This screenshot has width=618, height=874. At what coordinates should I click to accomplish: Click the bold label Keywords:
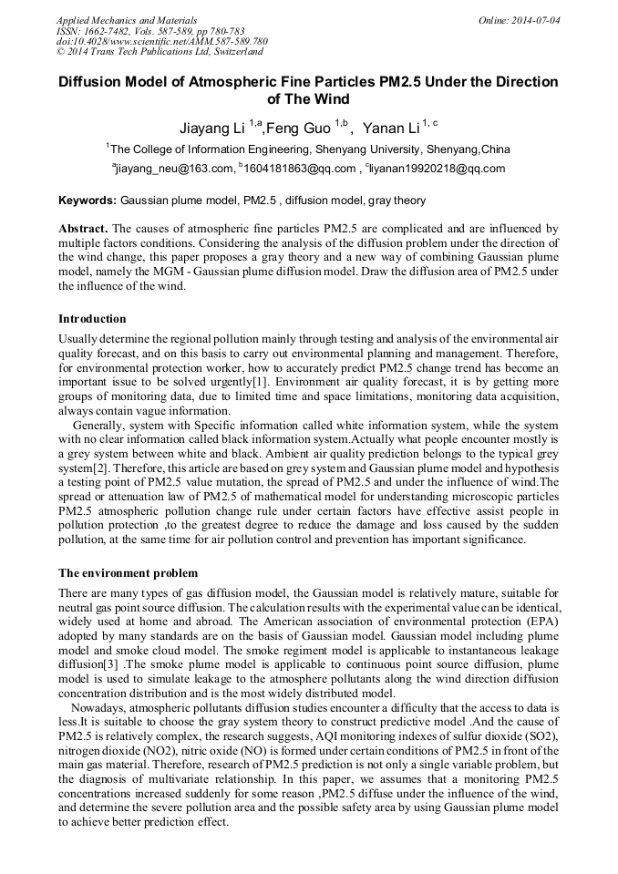pyautogui.click(x=88, y=200)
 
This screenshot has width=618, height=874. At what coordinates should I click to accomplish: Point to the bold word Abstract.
pyautogui.click(x=83, y=228)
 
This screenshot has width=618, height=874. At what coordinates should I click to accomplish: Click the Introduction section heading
pyautogui.click(x=92, y=319)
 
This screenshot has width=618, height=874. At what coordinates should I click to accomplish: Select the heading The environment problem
pyautogui.click(x=128, y=573)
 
